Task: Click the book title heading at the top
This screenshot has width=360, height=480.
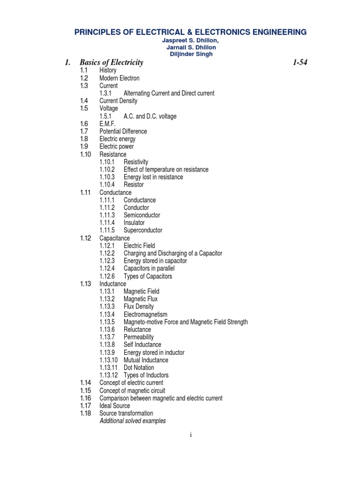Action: [191, 32]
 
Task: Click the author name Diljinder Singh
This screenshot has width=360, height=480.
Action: [191, 54]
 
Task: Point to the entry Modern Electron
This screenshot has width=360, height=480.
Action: [119, 78]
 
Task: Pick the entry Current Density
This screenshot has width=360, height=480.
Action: [118, 101]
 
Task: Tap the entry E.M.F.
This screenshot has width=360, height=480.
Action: [107, 124]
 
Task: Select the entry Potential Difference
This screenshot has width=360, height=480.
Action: [123, 131]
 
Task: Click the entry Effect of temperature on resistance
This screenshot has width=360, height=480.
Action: [166, 169]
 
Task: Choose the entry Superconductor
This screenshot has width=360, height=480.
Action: [143, 230]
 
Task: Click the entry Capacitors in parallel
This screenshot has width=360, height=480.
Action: [149, 268]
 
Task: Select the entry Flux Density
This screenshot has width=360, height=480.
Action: [139, 307]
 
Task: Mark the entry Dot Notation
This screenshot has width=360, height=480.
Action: [139, 367]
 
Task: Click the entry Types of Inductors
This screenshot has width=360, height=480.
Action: [146, 375]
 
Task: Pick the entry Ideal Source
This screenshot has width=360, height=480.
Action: [115, 405]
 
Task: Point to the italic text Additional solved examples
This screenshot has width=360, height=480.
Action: [133, 421]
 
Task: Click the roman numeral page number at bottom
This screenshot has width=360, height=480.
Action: [191, 435]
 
